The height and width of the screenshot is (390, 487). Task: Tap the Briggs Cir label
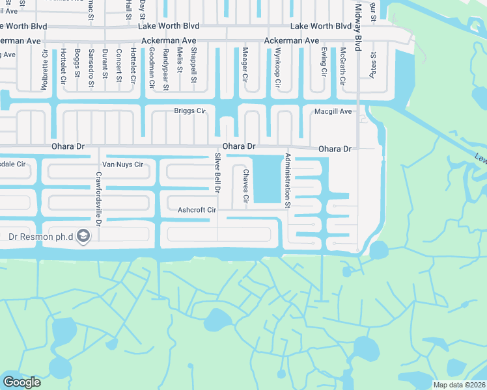click(189, 111)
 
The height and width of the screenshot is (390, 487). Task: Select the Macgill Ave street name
click(333, 112)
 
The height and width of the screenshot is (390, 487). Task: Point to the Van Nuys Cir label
click(124, 164)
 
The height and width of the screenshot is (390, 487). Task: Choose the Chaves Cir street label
click(246, 185)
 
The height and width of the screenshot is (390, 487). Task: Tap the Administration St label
click(286, 180)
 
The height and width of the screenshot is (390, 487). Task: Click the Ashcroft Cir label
click(197, 210)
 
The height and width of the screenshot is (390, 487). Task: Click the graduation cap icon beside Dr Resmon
click(83, 236)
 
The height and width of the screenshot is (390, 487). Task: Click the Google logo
click(21, 382)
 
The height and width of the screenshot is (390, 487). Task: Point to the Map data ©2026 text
click(459, 384)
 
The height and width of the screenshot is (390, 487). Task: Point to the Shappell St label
click(193, 67)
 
